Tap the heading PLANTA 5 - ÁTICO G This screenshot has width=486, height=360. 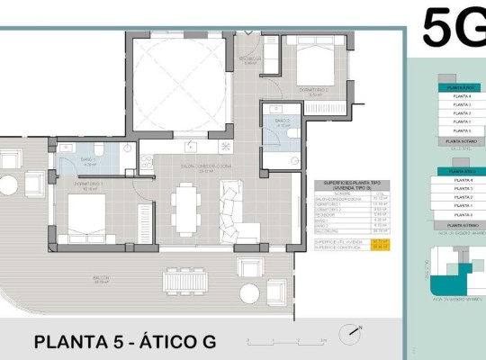click(125, 342)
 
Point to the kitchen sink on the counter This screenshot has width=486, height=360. click(191, 144)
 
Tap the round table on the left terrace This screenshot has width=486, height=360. click(8, 185)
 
